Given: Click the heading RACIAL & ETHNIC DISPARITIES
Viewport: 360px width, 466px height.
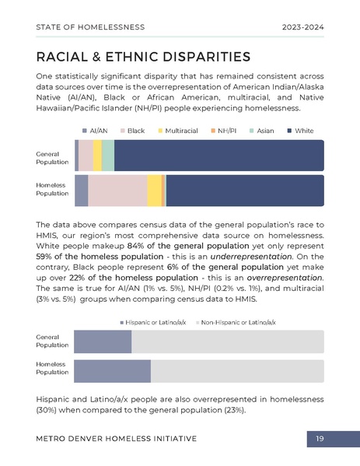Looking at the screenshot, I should coord(143,57).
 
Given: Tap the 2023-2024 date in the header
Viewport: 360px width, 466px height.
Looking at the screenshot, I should coord(302,27).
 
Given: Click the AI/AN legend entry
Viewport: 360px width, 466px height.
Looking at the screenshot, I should coord(95,131).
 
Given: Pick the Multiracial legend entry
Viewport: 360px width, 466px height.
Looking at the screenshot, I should coord(177,131).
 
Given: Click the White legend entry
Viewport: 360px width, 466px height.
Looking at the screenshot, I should coord(300,131).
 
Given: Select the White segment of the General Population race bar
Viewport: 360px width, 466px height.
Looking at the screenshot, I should coord(218,156).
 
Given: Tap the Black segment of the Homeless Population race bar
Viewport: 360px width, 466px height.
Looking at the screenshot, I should coord(117,191).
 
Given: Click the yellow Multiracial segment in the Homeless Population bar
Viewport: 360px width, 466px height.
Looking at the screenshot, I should coord(154,191).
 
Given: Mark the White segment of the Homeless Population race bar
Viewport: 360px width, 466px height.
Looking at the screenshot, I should coord(244,191).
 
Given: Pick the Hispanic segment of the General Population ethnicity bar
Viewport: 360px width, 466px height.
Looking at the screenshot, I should coord(102,342).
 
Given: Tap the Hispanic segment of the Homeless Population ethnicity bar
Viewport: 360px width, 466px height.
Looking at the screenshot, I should coord(112,371).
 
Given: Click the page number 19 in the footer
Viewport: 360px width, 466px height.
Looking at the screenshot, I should coord(320,440).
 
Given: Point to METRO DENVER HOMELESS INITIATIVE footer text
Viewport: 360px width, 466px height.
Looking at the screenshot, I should coord(116,440).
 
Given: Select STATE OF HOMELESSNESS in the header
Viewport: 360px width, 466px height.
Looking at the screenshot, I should coord(90,27).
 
